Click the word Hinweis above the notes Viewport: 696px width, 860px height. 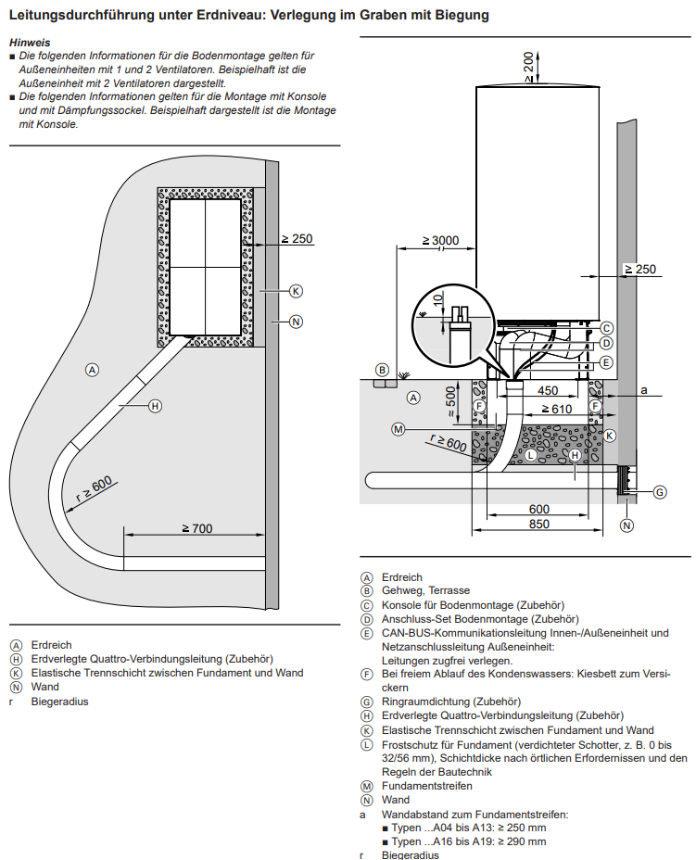[x=29, y=43]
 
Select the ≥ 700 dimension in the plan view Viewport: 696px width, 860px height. [x=196, y=527]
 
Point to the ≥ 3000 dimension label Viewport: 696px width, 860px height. [x=440, y=241]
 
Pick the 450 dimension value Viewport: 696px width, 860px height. [x=548, y=390]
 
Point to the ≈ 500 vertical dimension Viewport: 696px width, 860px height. [x=452, y=399]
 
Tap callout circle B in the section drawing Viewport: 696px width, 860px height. [x=381, y=370]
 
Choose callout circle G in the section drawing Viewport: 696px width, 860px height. [x=660, y=492]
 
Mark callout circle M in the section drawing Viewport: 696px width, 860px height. [x=398, y=429]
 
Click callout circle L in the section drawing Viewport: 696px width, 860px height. [x=530, y=455]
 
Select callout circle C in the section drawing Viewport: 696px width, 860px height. [x=606, y=328]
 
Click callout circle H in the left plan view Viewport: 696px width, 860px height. [x=155, y=405]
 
